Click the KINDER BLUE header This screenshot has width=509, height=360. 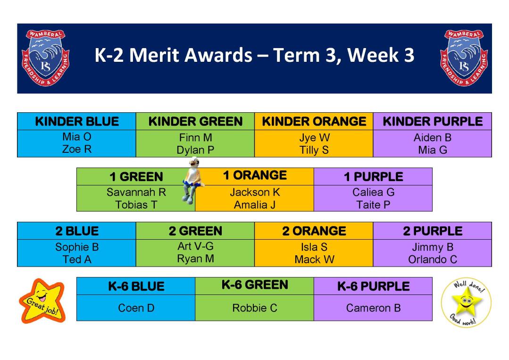point(77,121)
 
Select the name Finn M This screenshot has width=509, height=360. point(195,138)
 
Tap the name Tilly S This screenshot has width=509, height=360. point(314,150)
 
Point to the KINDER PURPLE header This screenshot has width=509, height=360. point(433,121)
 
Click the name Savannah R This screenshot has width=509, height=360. point(136,192)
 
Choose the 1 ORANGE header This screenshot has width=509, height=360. point(255,176)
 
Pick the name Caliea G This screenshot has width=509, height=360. point(373,192)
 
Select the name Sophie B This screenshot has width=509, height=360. point(77,247)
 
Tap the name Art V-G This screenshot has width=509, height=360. point(195,246)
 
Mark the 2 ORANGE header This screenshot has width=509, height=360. point(314,231)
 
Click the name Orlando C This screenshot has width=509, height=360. point(433,260)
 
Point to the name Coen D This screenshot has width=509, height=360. point(136,308)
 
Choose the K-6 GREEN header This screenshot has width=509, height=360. point(255,285)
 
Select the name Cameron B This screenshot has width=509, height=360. point(373,308)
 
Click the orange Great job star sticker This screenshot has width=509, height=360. point(42,301)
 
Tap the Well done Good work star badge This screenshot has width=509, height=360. point(466,302)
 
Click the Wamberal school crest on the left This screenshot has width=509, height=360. point(45,58)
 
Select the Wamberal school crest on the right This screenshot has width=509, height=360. point(464,58)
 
